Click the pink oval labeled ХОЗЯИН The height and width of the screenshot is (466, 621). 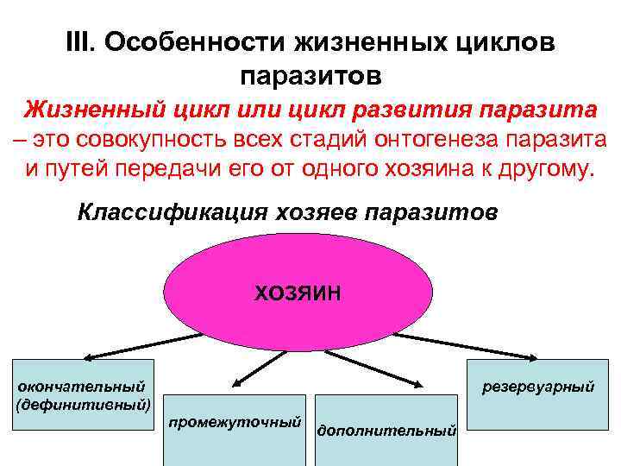pyautogui.click(x=298, y=293)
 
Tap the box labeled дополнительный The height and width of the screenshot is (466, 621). pyautogui.click(x=386, y=428)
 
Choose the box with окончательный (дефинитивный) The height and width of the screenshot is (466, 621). pyautogui.click(x=84, y=394)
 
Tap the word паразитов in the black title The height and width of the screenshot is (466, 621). pyautogui.click(x=310, y=77)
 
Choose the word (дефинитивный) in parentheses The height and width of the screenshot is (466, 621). pyautogui.click(x=84, y=403)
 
